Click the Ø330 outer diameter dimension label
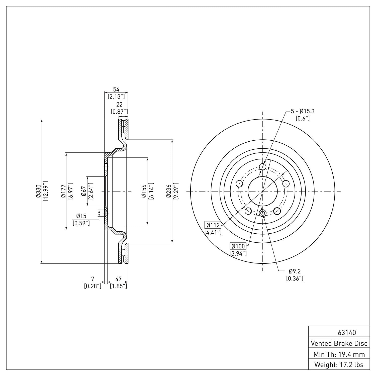click(38, 191)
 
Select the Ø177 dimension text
click(63, 191)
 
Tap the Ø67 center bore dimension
click(84, 191)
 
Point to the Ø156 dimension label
click(144, 191)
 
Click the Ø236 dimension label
click(169, 191)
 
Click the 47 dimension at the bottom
click(118, 279)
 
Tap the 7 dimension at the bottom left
click(93, 279)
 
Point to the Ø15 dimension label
click(81, 216)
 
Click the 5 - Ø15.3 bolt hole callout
click(303, 111)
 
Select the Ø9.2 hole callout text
click(295, 271)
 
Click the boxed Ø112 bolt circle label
click(213, 225)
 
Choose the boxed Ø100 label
click(238, 246)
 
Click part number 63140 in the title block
click(347, 333)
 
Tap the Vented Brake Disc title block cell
click(339, 343)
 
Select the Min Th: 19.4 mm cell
click(339, 354)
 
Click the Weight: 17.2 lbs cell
click(339, 365)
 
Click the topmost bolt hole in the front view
click(262, 166)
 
